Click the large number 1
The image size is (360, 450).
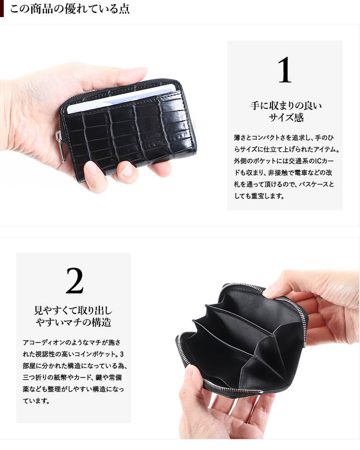click(x=285, y=70)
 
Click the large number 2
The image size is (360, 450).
click(x=75, y=281)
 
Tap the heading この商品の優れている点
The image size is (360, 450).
click(x=70, y=9)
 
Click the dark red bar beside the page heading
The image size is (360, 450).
click(x=2, y=9)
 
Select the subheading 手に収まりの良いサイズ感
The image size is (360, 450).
click(x=286, y=111)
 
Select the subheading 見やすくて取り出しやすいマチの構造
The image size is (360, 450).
click(x=73, y=316)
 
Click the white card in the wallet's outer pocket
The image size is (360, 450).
click(x=121, y=97)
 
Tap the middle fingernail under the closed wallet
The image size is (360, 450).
click(x=127, y=170)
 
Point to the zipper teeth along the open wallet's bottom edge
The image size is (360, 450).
click(x=233, y=388)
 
